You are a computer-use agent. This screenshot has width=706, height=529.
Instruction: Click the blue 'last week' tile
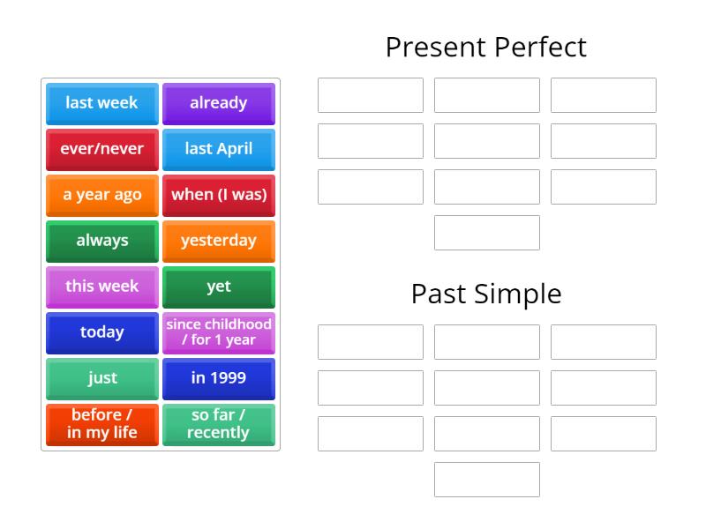click(x=102, y=103)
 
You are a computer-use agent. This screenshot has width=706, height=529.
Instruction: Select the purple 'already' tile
click(x=219, y=103)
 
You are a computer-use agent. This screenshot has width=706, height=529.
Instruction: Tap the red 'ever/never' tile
click(x=102, y=149)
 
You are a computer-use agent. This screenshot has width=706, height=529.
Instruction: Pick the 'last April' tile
click(x=219, y=149)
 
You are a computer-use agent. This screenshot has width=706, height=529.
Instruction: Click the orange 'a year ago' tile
click(x=102, y=195)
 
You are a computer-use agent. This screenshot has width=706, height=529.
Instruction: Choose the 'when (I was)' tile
click(x=219, y=195)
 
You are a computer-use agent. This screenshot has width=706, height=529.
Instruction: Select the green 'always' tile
click(x=102, y=241)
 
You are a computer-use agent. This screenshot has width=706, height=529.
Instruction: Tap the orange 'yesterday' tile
click(x=219, y=241)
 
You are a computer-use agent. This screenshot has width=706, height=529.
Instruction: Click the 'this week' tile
click(x=102, y=287)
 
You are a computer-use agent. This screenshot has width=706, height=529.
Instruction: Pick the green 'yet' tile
click(x=219, y=287)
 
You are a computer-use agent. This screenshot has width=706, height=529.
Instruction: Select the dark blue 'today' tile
click(x=102, y=332)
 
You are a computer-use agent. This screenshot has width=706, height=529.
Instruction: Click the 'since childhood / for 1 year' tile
click(x=219, y=332)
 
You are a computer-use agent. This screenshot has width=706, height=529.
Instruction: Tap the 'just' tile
click(x=102, y=378)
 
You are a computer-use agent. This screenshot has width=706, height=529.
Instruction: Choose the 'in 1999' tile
click(x=219, y=378)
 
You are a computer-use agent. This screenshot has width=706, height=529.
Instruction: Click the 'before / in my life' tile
click(x=102, y=424)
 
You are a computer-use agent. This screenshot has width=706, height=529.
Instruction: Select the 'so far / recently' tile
click(x=219, y=424)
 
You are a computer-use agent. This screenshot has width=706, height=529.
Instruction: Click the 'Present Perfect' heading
click(x=485, y=47)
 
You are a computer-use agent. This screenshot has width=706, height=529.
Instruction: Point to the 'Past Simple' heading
click(x=485, y=294)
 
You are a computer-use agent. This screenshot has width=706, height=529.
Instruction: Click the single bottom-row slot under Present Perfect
click(x=487, y=233)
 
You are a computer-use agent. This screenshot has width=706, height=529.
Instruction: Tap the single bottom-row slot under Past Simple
click(x=487, y=480)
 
